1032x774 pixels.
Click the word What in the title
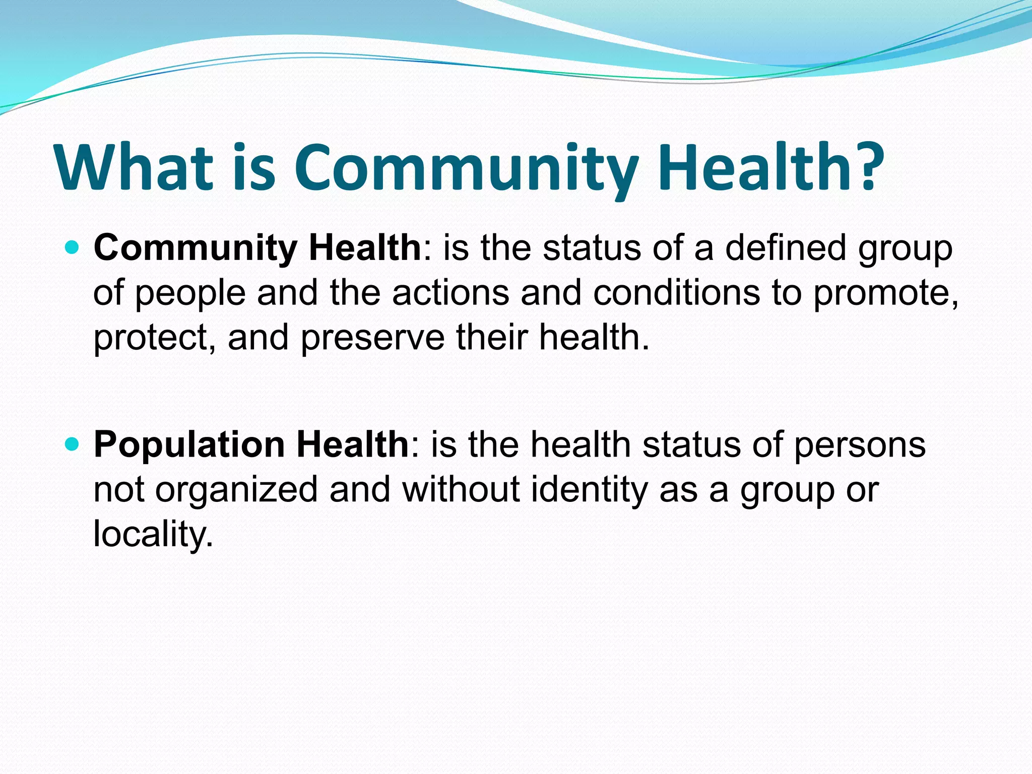pyautogui.click(x=134, y=167)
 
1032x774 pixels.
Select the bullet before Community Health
pyautogui.click(x=73, y=248)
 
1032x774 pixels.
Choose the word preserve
pyautogui.click(x=372, y=338)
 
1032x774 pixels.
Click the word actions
pyautogui.click(x=450, y=293)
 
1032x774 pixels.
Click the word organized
pyautogui.click(x=236, y=490)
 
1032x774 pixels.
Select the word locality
pyautogui.click(x=153, y=535)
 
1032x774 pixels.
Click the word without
pyautogui.click(x=461, y=489)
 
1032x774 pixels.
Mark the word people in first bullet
pyautogui.click(x=190, y=294)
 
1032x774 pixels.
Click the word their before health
pyautogui.click(x=492, y=337)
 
